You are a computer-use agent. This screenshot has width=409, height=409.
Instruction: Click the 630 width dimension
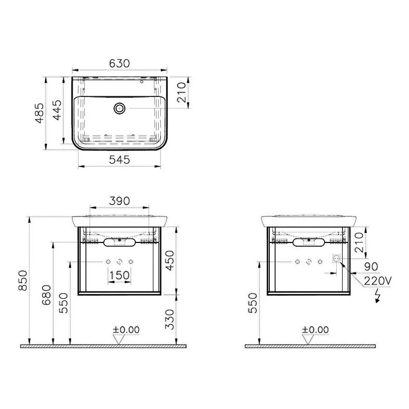[x=120, y=63]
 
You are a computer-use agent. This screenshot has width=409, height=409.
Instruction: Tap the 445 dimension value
[x=59, y=111]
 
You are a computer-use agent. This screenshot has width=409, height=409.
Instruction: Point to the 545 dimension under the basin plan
[x=119, y=161]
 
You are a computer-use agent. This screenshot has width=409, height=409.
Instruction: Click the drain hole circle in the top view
[x=120, y=109]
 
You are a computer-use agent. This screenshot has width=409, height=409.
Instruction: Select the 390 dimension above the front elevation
[x=119, y=200]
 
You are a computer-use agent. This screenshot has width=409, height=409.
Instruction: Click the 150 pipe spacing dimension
[x=119, y=275]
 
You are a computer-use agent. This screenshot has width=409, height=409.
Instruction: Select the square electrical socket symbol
[x=334, y=259]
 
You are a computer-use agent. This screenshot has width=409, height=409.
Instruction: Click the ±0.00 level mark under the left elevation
[x=125, y=330]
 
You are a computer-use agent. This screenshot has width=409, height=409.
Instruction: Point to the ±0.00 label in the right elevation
[x=315, y=330]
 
